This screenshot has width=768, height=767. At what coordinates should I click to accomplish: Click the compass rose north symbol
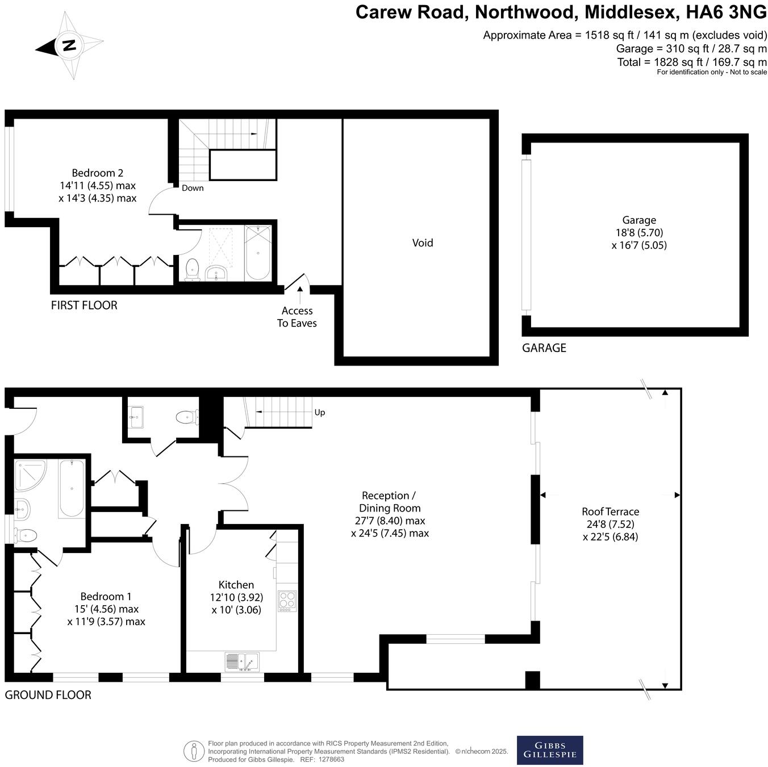pyautogui.click(x=69, y=45)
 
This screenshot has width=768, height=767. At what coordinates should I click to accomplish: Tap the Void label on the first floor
pyautogui.click(x=423, y=243)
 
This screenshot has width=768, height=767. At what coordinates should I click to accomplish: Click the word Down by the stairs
pyautogui.click(x=193, y=188)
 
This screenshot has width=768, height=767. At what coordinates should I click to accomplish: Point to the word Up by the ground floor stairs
pyautogui.click(x=320, y=412)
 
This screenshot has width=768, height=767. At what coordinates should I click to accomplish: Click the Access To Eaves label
pyautogui.click(x=297, y=317)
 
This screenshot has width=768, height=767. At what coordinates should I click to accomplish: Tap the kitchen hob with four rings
pyautogui.click(x=287, y=601)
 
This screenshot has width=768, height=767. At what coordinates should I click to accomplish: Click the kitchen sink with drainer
pyautogui.click(x=242, y=662)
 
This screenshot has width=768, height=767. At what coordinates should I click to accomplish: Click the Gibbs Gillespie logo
pyautogui.click(x=549, y=750)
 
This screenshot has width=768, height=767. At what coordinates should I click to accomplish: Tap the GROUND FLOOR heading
pyautogui.click(x=48, y=695)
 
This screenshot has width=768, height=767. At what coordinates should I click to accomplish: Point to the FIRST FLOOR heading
pyautogui.click(x=84, y=305)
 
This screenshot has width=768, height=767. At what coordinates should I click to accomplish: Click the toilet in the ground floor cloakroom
pyautogui.click(x=187, y=418)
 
